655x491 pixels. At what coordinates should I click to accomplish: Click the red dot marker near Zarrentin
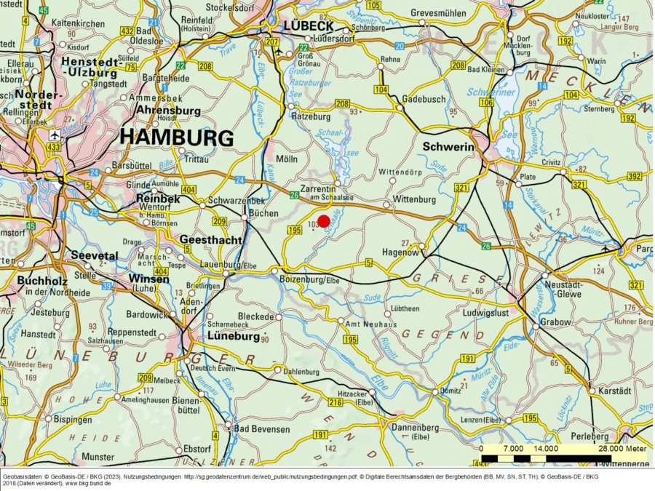point(324,221)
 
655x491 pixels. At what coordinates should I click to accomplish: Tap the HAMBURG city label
point(177,137)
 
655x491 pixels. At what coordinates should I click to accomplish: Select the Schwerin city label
point(448,147)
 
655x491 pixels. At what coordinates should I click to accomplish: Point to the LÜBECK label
point(308,25)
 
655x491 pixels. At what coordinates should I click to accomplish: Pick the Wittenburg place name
point(413,199)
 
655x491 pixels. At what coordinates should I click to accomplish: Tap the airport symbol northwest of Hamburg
point(54,135)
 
